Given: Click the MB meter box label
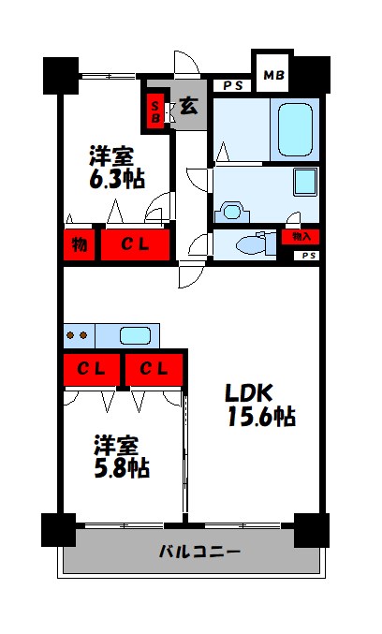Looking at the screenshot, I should click(273, 73).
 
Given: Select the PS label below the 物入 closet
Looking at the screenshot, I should click(308, 256).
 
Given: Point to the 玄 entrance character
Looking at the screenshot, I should click(188, 107).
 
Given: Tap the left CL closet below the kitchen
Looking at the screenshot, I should click(91, 368).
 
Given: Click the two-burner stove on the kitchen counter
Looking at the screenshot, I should click(77, 335).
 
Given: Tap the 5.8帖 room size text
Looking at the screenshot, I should click(122, 465).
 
